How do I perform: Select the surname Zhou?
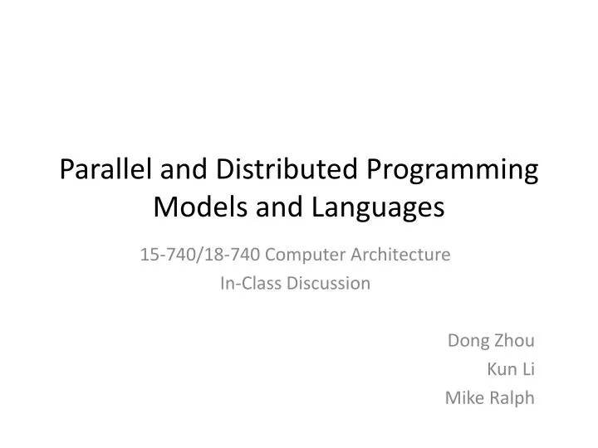click(514, 339)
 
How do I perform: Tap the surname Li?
click(527, 368)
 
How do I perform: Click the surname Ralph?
click(512, 398)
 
